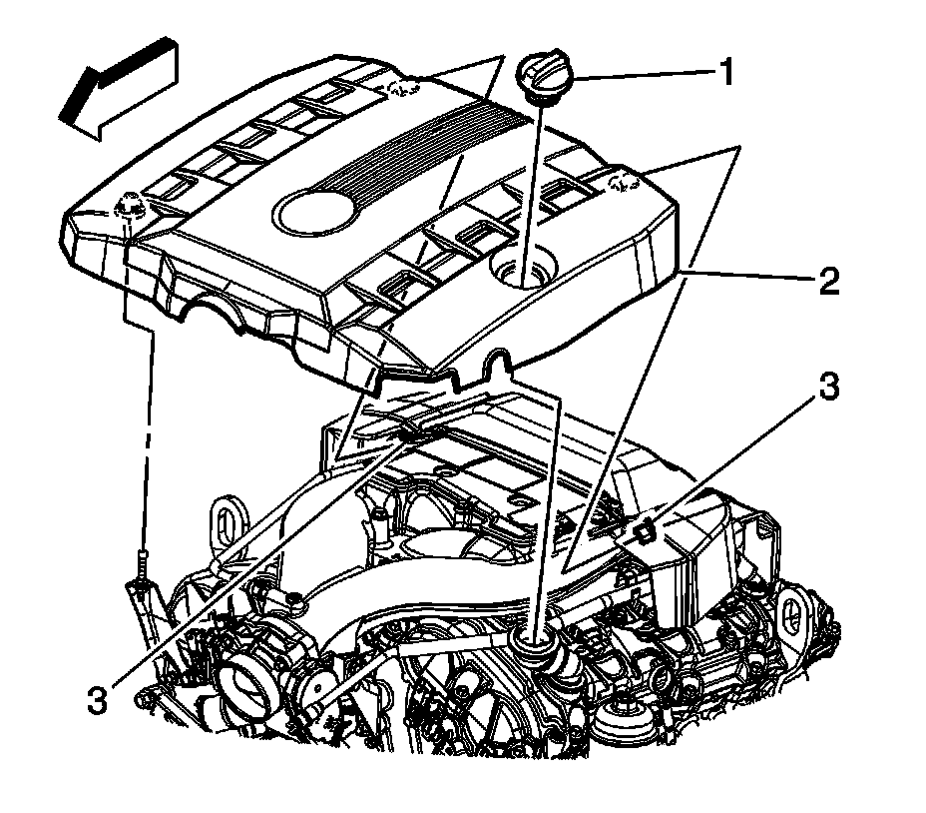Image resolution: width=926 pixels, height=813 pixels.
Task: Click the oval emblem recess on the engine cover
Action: (312, 211)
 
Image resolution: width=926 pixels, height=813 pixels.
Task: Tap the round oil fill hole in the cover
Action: (522, 268)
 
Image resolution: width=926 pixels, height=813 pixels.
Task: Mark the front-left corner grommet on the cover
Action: (130, 208)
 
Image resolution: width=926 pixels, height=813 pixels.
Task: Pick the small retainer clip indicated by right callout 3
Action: (644, 530)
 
